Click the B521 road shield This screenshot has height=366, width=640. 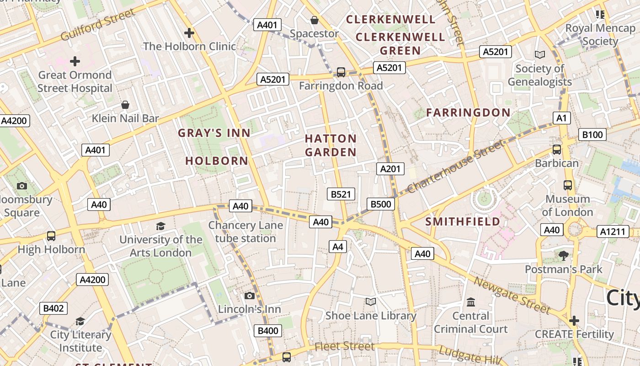coord(341,194)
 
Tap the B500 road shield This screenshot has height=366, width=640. coord(380,204)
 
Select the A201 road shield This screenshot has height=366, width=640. coord(390,169)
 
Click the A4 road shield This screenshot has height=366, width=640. coord(337,247)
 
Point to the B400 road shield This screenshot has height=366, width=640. coord(267,331)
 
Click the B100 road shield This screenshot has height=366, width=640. coord(592,135)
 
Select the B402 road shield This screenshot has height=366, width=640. coord(53,308)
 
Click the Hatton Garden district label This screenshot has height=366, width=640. coord(331,145)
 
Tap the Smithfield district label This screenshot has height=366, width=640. coord(463,222)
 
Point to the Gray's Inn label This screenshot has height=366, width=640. coord(214,133)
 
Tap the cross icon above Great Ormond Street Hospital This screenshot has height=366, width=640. coord(75,61)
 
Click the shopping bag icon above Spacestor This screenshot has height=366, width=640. coord(315,20)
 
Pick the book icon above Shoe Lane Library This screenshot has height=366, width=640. coord(370,301)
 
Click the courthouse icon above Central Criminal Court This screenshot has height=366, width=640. coord(471,302)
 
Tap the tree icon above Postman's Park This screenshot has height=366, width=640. coord(563,255)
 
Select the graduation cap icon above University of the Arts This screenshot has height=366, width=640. coord(160,226)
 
